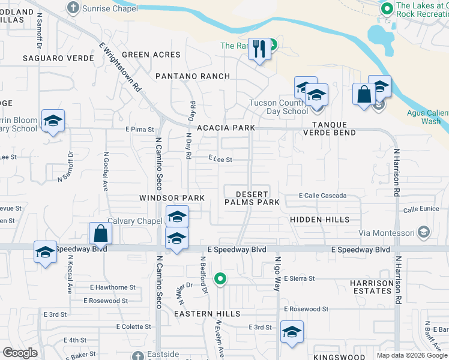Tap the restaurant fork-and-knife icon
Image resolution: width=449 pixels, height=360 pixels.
(x=260, y=49)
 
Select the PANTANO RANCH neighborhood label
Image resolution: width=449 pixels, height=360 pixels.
(x=193, y=76)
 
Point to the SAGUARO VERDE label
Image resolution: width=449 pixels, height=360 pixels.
(x=58, y=58)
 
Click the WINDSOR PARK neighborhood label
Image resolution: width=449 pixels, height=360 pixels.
(x=172, y=198)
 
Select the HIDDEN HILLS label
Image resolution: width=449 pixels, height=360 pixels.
(x=320, y=220)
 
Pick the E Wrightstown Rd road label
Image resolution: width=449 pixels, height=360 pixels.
(x=120, y=67)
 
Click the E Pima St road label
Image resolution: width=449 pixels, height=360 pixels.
(x=140, y=129)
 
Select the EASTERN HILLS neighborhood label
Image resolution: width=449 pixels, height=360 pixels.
(x=202, y=314)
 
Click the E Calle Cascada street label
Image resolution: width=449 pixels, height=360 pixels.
(x=323, y=196)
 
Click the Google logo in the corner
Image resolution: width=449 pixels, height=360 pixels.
(x=20, y=353)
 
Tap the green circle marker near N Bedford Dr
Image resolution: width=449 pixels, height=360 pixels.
(x=221, y=278)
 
